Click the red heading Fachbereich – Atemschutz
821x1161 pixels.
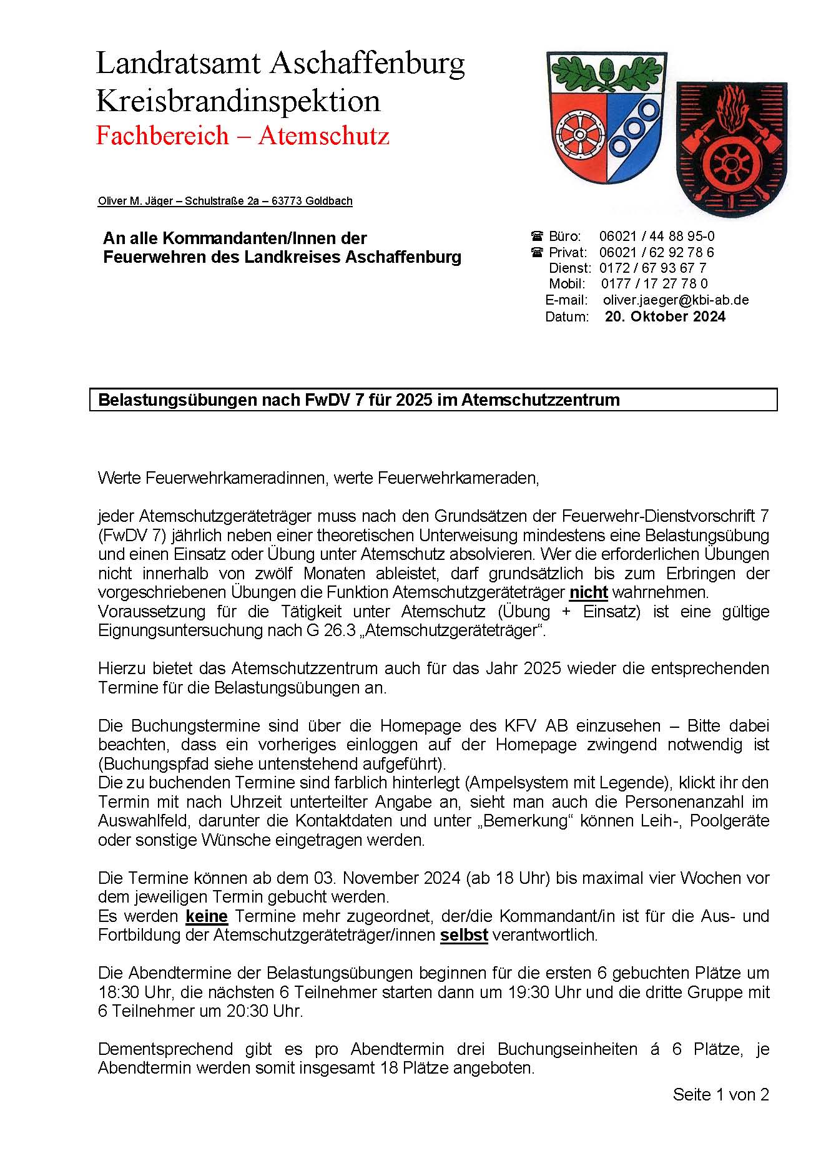242,135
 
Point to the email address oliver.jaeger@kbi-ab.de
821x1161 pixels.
676,300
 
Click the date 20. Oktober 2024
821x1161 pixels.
665,316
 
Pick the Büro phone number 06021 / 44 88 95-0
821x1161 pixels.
657,236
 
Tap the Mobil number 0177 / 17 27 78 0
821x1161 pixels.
654,283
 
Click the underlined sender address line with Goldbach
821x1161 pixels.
225,201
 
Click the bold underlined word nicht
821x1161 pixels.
588,592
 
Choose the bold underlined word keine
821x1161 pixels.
207,916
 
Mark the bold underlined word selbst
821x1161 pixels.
464,935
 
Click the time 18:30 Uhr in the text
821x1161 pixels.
129,992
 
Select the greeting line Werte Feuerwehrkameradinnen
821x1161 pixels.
318,478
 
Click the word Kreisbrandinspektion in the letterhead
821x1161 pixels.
238,100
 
